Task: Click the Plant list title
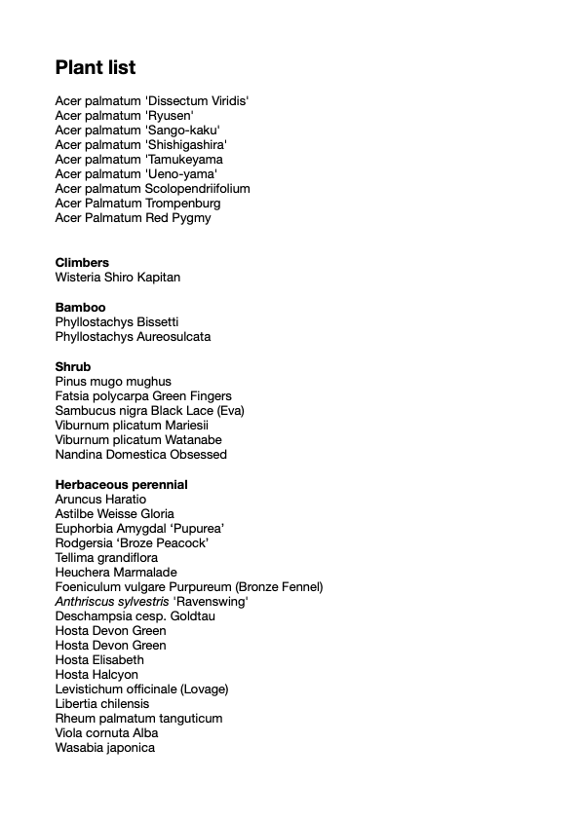[x=96, y=67]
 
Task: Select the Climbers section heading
[x=82, y=263]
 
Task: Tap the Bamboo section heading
[x=80, y=308]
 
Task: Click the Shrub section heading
[x=73, y=367]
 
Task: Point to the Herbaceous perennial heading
[x=122, y=485]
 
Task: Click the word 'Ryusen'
[x=169, y=115]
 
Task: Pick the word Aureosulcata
[x=174, y=337]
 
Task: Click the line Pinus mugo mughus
[x=113, y=382]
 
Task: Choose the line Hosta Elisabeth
[x=99, y=660]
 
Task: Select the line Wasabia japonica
[x=105, y=748]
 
